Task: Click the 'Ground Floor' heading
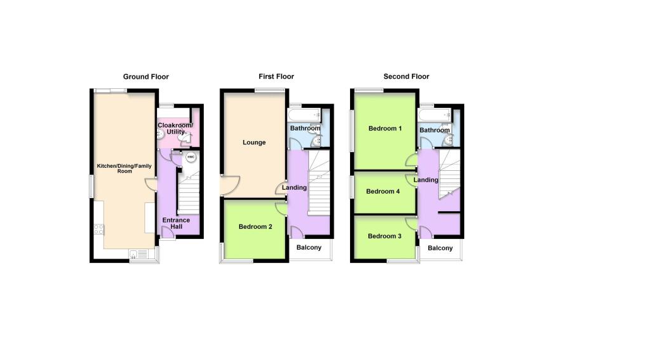pos(146,76)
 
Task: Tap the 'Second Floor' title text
pos(406,76)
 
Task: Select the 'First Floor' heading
pos(276,76)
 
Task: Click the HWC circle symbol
pos(190,157)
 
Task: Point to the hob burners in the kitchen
pos(99,229)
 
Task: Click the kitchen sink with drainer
pos(139,254)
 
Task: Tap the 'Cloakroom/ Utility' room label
pos(175,129)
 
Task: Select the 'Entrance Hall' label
pos(176,223)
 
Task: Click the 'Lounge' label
pos(254,142)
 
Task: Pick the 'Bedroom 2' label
pos(255,226)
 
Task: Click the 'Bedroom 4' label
pos(383,192)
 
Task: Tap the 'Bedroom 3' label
pos(385,236)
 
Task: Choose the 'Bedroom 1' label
pos(385,129)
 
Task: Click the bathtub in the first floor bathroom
pos(305,115)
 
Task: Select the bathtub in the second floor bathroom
pos(435,115)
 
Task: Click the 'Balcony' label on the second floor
pos(440,248)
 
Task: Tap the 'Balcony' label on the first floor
pos(308,248)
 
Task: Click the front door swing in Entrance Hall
pos(168,233)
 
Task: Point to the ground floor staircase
pos(189,194)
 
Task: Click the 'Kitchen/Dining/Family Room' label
pos(124,168)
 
